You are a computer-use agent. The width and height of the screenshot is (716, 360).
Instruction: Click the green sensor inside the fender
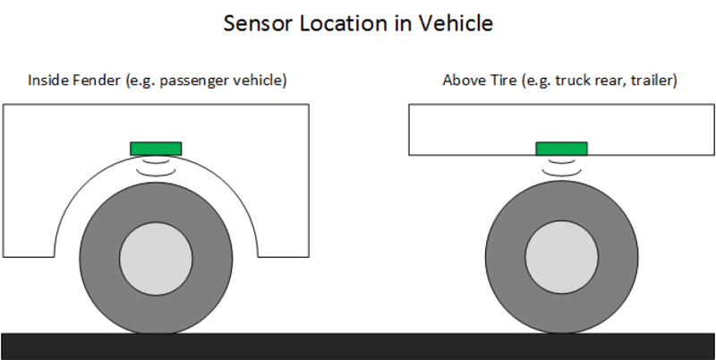click(156, 148)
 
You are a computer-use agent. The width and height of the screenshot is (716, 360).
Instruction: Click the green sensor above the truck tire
click(561, 148)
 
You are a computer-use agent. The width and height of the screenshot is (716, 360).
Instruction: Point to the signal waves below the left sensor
click(156, 167)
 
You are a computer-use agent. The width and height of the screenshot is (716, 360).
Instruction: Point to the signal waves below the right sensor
click(561, 167)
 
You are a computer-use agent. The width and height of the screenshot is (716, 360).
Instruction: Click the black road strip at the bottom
click(358, 346)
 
